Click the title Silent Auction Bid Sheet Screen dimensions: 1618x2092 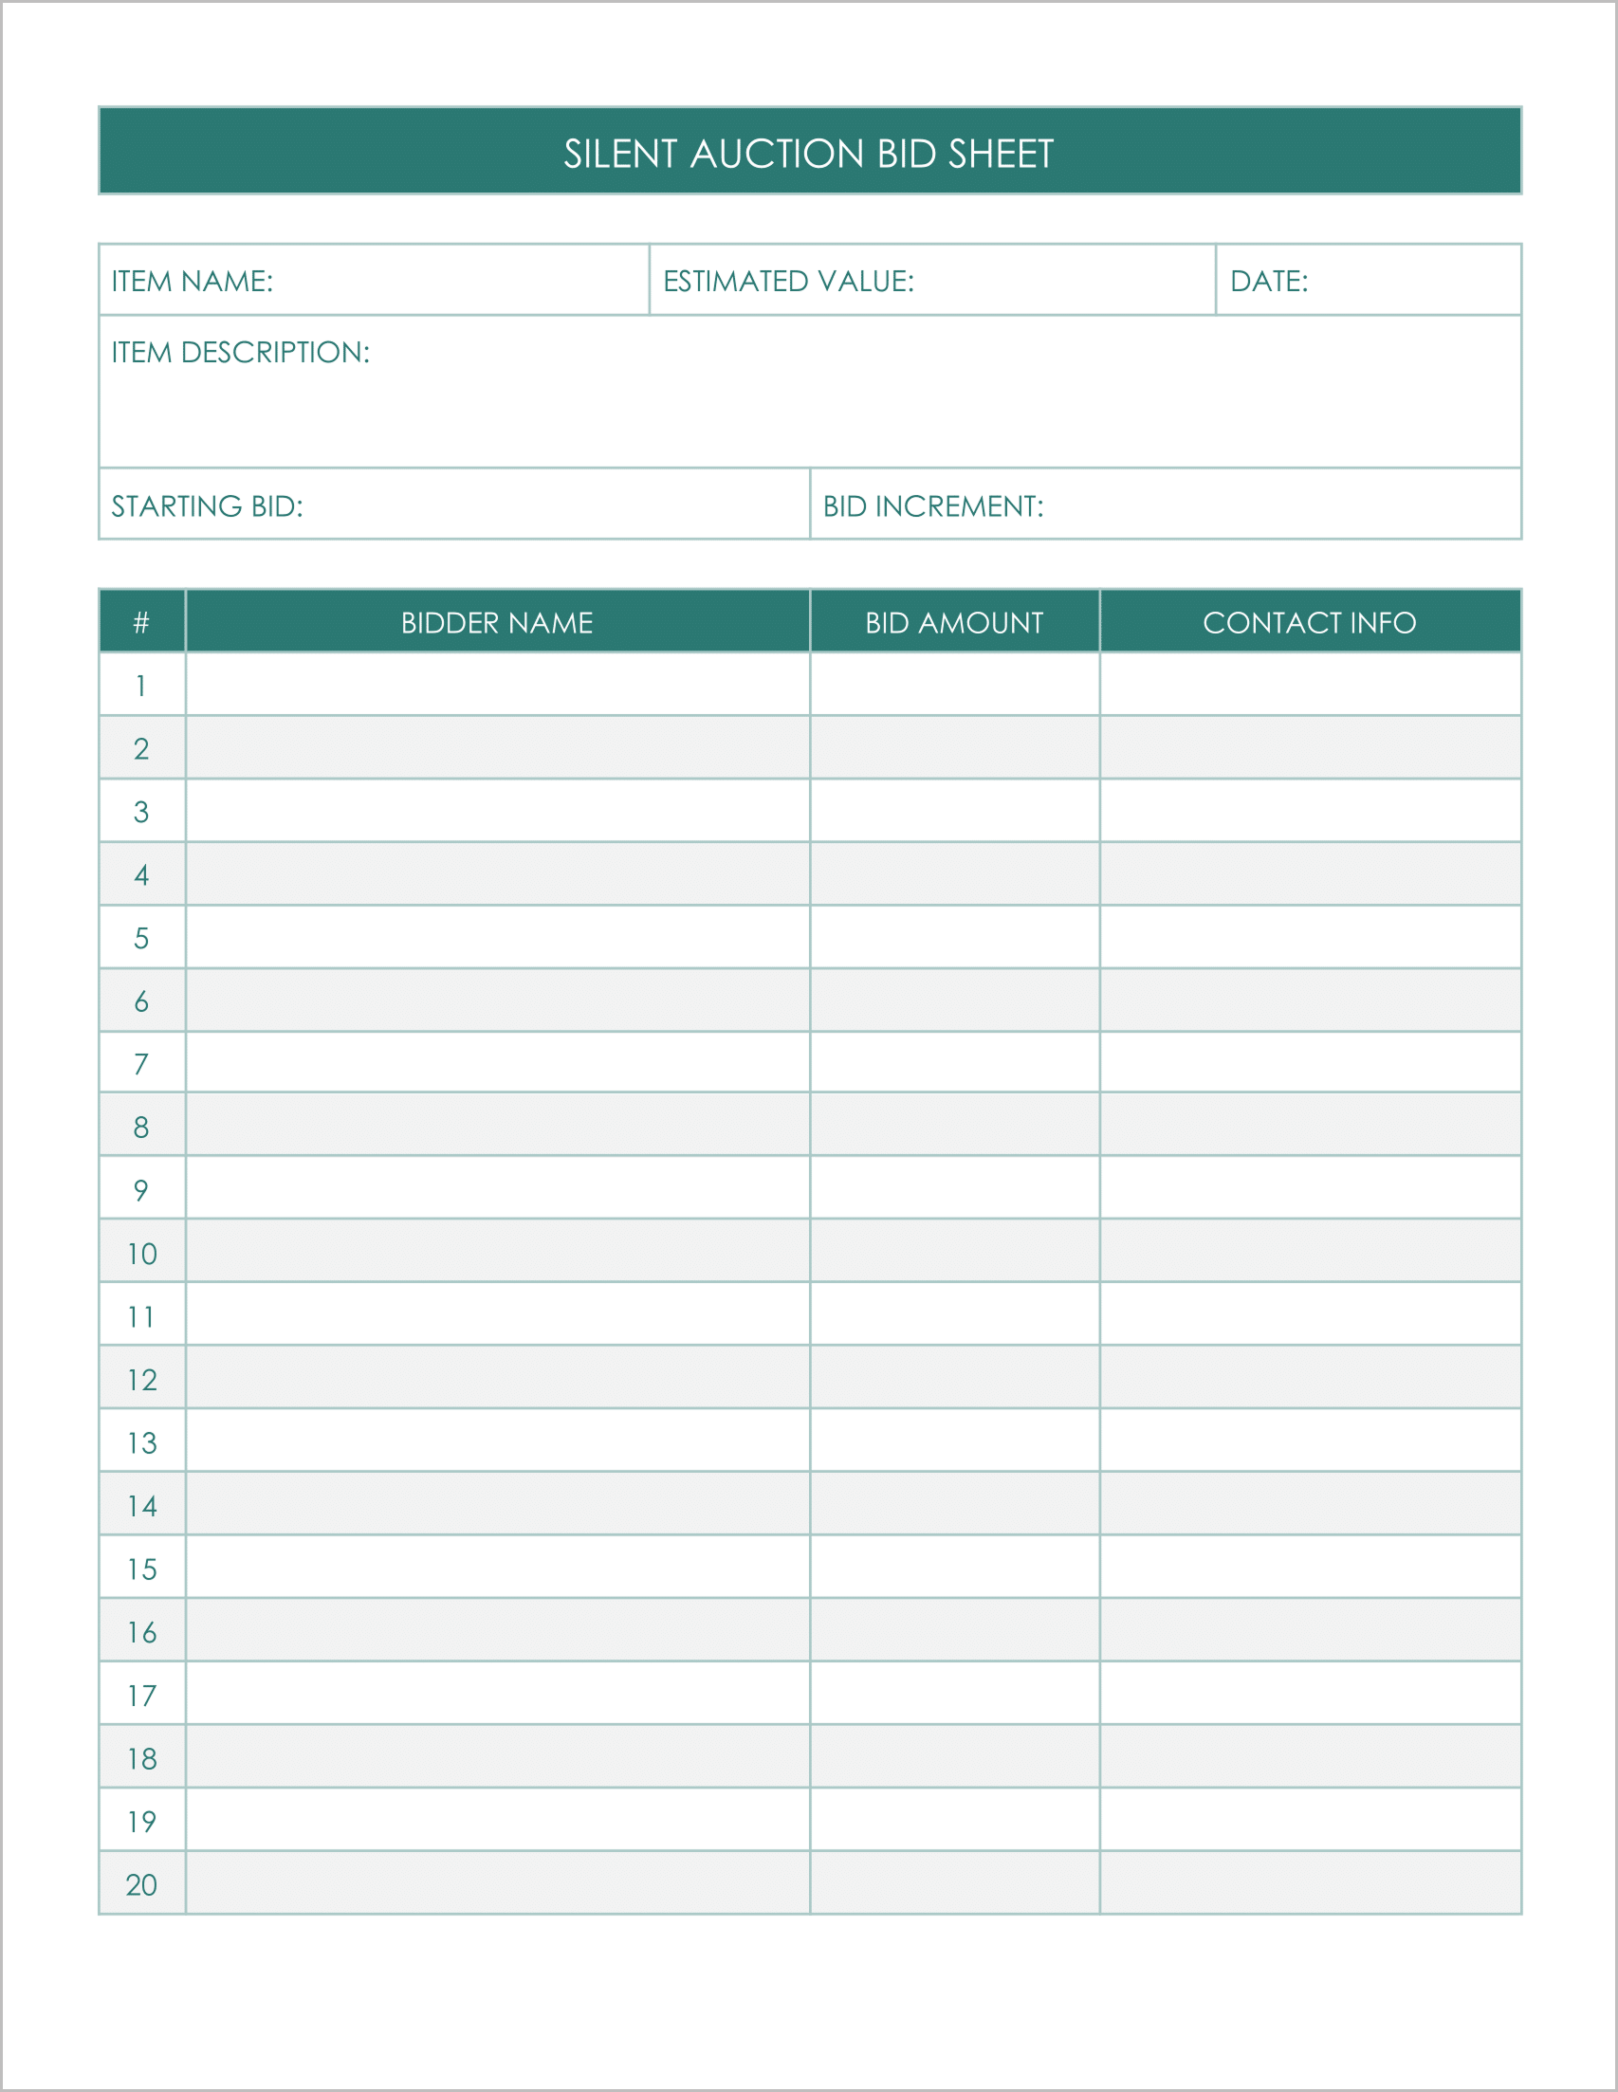(808, 154)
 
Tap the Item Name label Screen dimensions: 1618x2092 (192, 281)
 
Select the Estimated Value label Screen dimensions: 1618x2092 (788, 281)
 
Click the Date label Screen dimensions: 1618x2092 (1268, 281)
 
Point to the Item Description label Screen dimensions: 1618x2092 (241, 353)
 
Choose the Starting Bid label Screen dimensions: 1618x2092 (207, 505)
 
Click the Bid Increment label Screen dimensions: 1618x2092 (933, 505)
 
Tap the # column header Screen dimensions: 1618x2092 (141, 623)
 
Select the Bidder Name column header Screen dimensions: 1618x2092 (497, 623)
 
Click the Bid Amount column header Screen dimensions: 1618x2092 (954, 623)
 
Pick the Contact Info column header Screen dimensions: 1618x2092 (1310, 623)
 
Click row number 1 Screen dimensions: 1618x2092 (141, 686)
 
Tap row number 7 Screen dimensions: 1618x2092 (141, 1064)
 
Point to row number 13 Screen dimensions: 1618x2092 (141, 1442)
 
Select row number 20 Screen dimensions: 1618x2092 (141, 1884)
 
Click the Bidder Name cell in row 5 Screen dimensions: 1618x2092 (497, 938)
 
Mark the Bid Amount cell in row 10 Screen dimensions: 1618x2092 (954, 1253)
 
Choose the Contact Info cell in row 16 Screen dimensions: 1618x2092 (1310, 1631)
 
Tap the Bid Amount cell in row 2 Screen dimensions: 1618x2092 (954, 748)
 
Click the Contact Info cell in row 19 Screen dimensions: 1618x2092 (1310, 1821)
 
